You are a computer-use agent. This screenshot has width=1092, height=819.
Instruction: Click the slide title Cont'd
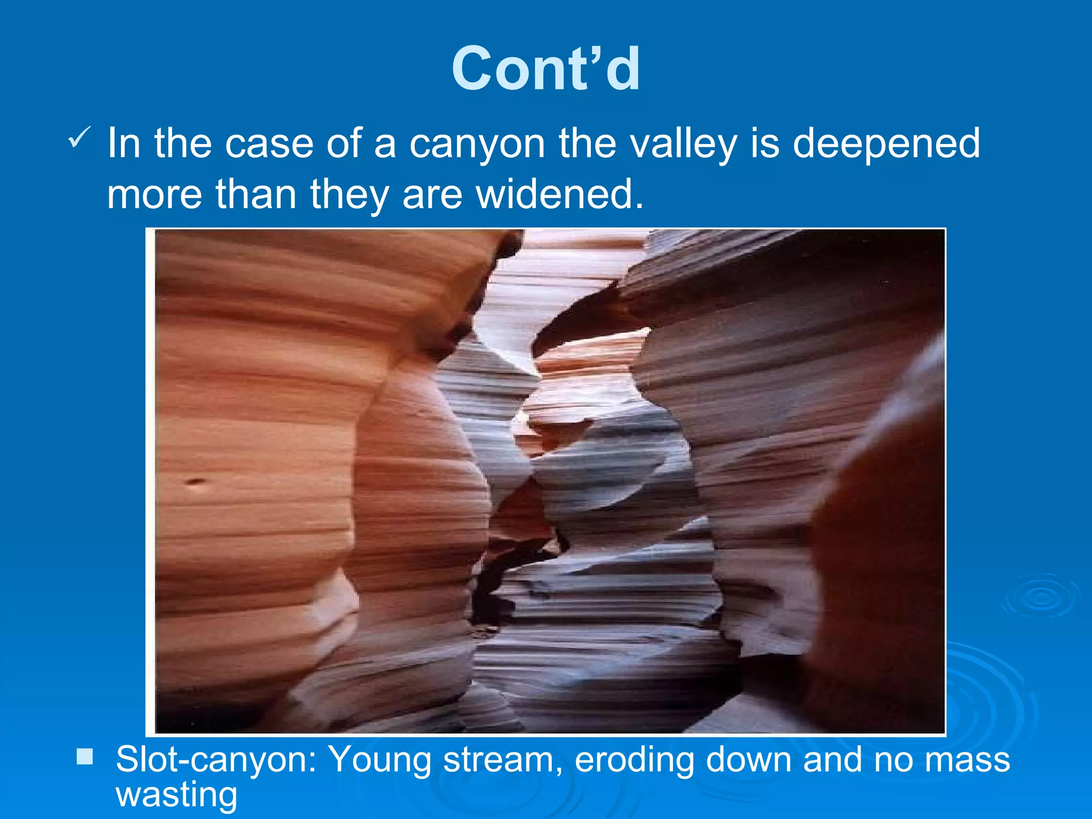coord(545,69)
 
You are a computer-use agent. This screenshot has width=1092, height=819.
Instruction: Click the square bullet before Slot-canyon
coord(84,757)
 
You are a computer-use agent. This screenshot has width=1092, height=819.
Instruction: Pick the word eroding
coord(634,759)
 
